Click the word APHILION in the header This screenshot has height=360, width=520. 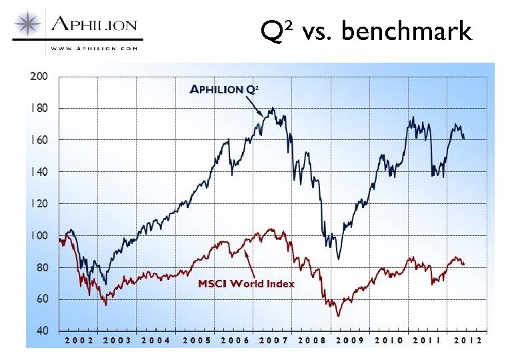94,26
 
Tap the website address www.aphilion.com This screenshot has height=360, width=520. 94,48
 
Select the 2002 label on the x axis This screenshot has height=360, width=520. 79,340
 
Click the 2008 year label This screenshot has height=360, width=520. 311,340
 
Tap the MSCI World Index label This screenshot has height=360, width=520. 246,283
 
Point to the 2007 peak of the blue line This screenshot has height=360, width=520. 272,108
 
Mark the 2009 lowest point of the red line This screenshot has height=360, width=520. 339,315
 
